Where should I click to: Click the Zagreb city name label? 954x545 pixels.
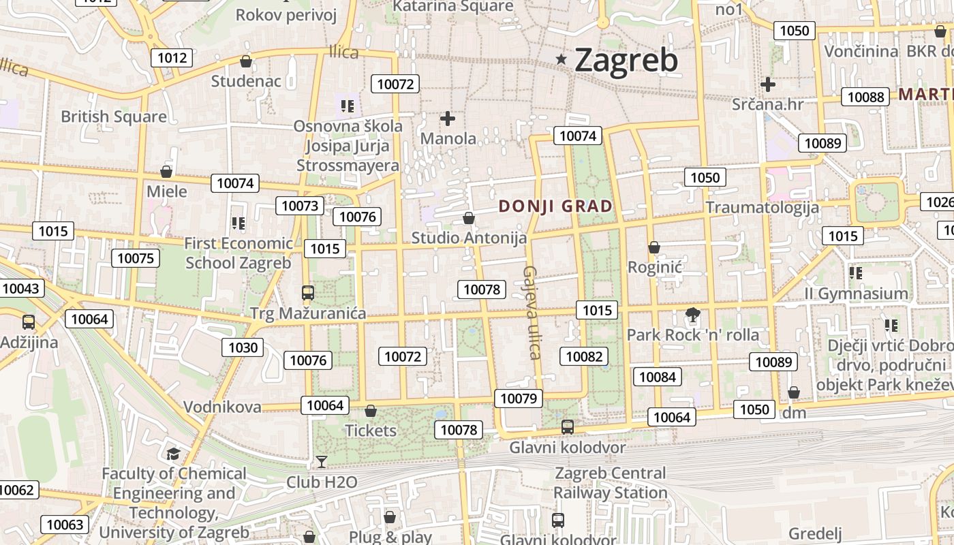pyautogui.click(x=626, y=60)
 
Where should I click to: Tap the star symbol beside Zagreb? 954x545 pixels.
pyautogui.click(x=561, y=59)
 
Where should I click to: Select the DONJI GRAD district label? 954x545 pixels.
pyautogui.click(x=555, y=206)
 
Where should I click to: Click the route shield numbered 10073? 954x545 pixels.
pyautogui.click(x=300, y=206)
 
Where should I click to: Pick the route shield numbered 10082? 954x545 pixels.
pyautogui.click(x=584, y=356)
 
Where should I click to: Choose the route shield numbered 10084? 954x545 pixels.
pyautogui.click(x=658, y=377)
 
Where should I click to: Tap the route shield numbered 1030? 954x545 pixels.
pyautogui.click(x=243, y=347)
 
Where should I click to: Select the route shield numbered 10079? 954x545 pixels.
pyautogui.click(x=519, y=399)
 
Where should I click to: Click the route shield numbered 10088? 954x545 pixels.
pyautogui.click(x=865, y=97)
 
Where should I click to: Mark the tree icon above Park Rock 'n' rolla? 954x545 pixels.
pyautogui.click(x=693, y=315)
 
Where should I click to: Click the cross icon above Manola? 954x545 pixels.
pyautogui.click(x=448, y=119)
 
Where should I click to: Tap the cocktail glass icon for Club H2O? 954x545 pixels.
pyautogui.click(x=322, y=462)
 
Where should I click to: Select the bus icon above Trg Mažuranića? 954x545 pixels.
pyautogui.click(x=308, y=293)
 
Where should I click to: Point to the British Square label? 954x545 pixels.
pyautogui.click(x=114, y=116)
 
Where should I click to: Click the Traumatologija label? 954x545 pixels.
pyautogui.click(x=763, y=207)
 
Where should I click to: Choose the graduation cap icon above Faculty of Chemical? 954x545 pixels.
pyautogui.click(x=174, y=454)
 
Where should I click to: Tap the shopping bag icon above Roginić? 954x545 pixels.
pyautogui.click(x=654, y=247)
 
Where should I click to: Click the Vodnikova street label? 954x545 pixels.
pyautogui.click(x=222, y=407)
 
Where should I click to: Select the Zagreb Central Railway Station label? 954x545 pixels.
pyautogui.click(x=611, y=482)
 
